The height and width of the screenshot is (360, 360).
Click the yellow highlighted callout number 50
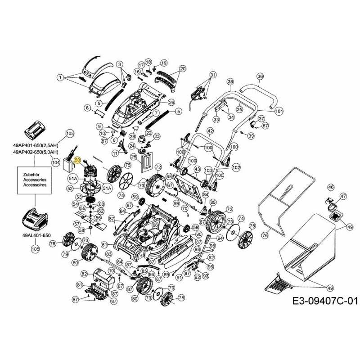pyautogui.click(x=77, y=160)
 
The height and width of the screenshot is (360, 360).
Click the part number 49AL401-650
pyautogui.click(x=35, y=235)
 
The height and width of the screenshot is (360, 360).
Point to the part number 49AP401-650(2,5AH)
pyautogui.click(x=36, y=145)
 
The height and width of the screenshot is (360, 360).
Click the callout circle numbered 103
pyautogui.click(x=70, y=134)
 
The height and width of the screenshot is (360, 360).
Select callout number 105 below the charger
pyautogui.click(x=35, y=248)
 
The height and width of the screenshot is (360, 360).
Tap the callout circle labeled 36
pyautogui.click(x=260, y=77)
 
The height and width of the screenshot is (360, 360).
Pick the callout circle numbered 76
pyautogui.click(x=265, y=235)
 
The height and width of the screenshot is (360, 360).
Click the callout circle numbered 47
pyautogui.click(x=343, y=197)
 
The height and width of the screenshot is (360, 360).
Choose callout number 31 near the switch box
pyautogui.click(x=213, y=75)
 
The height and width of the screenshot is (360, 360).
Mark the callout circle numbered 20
pyautogui.click(x=182, y=69)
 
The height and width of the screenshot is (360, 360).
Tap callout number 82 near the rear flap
pyautogui.click(x=84, y=274)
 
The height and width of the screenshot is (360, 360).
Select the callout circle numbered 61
pyautogui.click(x=104, y=244)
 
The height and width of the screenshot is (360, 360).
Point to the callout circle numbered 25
pyautogui.click(x=134, y=157)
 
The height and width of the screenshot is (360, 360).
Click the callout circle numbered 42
pyautogui.click(x=210, y=131)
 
